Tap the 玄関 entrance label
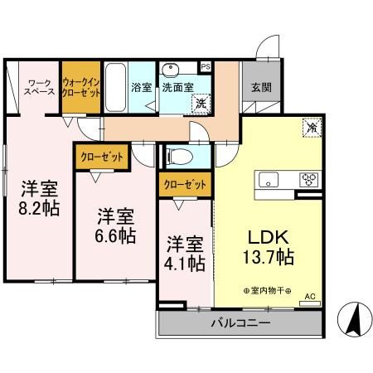coord(261,85)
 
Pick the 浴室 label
coord(140,85)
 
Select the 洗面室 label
coord(177,85)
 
